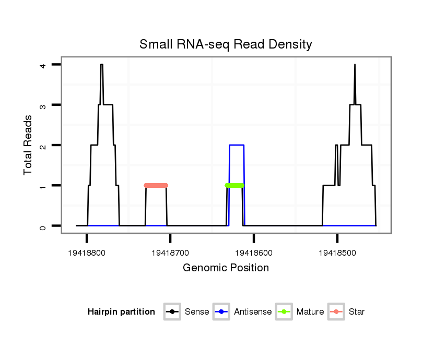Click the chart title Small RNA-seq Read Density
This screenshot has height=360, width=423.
pyautogui.click(x=226, y=44)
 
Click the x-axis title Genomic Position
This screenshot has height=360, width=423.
pyautogui.click(x=226, y=268)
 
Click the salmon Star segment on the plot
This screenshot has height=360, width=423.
pyautogui.click(x=156, y=185)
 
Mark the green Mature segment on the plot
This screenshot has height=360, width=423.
pyautogui.click(x=235, y=185)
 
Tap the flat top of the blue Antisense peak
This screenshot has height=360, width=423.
pyautogui.click(x=237, y=145)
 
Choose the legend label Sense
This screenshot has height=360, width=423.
pyautogui.click(x=197, y=312)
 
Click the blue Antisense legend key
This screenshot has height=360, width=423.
pyautogui.click(x=222, y=312)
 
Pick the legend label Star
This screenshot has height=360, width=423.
pyautogui.click(x=357, y=312)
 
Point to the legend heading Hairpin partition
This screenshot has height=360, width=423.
pyautogui.click(x=121, y=312)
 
